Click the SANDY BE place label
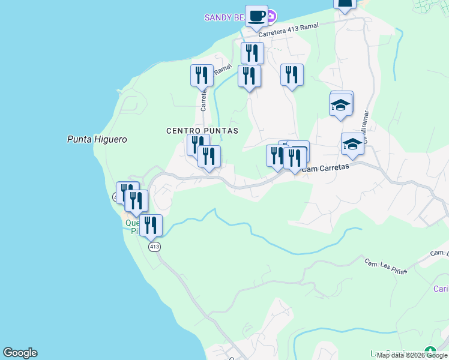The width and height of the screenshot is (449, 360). click(x=224, y=17)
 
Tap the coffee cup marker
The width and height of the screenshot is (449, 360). click(x=256, y=16)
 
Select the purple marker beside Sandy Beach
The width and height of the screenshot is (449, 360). click(x=271, y=15)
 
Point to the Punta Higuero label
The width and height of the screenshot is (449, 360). click(x=97, y=139)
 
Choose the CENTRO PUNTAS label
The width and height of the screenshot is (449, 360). click(x=202, y=130)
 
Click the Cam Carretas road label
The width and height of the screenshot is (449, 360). click(x=325, y=169)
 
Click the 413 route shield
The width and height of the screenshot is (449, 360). click(x=154, y=247)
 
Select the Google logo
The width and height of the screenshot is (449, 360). click(x=20, y=353)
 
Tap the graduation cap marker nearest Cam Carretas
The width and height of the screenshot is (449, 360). click(x=352, y=145)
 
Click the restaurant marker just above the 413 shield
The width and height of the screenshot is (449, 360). click(x=151, y=225)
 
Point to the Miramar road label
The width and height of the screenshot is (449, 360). click(x=364, y=124)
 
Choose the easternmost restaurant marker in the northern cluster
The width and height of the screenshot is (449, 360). click(x=292, y=75)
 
